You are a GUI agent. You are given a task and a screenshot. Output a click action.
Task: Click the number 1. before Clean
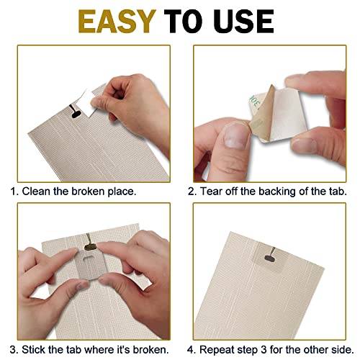point(14,192)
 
